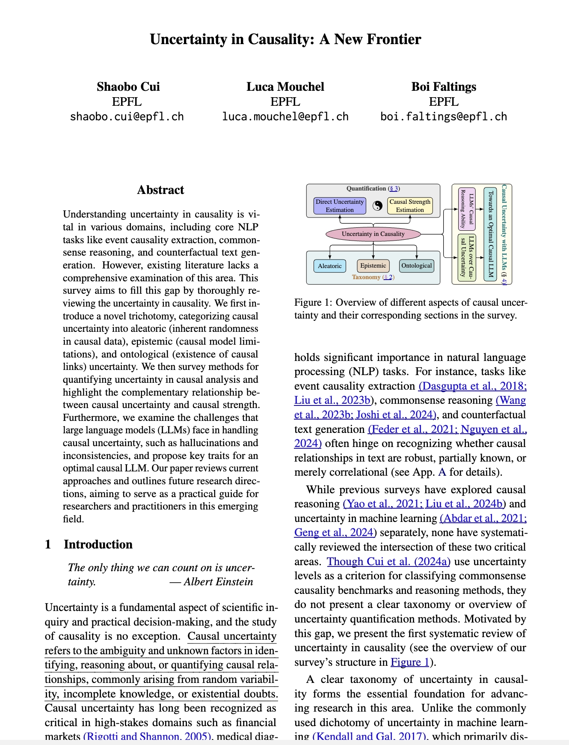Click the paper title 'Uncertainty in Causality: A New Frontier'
(x=285, y=39)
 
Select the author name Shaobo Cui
(x=128, y=87)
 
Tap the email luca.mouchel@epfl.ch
(x=285, y=116)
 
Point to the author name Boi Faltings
(x=444, y=87)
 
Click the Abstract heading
(x=160, y=190)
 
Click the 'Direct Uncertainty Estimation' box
(x=340, y=206)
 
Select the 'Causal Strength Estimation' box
(x=410, y=206)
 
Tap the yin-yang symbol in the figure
(x=377, y=206)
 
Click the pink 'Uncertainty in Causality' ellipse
(x=373, y=234)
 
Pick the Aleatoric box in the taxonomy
(x=329, y=266)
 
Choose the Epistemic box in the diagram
(x=373, y=266)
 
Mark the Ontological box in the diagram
(x=417, y=266)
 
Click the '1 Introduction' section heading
(x=89, y=545)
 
